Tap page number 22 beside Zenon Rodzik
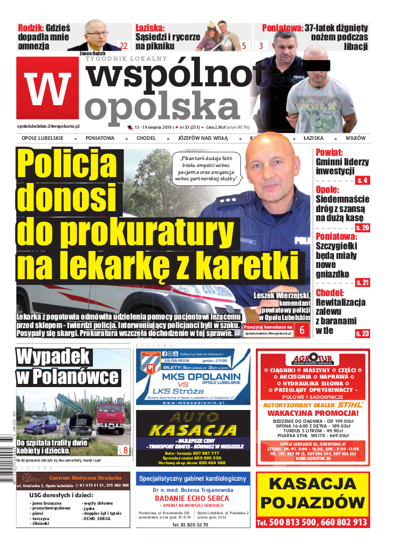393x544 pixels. pos(123,46)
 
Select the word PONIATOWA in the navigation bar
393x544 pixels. pos(100,138)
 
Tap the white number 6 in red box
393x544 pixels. pos(302,329)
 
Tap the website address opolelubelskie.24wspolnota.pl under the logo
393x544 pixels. pos(48,127)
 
